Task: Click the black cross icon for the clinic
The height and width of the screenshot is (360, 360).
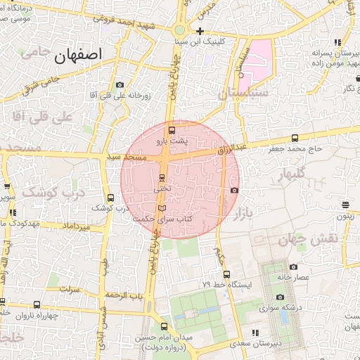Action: point(200,31)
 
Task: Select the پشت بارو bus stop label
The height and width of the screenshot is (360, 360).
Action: point(172,141)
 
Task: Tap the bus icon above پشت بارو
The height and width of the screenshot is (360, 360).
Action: point(172,130)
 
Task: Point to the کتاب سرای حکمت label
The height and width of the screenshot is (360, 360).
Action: point(162,219)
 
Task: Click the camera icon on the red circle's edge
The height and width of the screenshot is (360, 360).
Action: point(234,190)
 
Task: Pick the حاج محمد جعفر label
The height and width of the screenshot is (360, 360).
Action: point(294,149)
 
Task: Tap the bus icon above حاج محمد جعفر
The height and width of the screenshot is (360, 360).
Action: point(294,139)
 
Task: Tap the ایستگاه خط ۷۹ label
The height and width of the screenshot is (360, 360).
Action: point(221,285)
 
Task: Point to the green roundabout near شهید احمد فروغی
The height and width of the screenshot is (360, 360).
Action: point(180,30)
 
